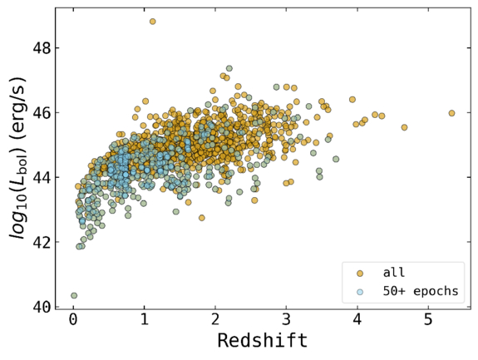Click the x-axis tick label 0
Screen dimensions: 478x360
[73, 320]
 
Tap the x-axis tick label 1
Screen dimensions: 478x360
[144, 320]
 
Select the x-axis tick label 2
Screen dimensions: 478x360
[215, 320]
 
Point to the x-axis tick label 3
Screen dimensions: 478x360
[286, 320]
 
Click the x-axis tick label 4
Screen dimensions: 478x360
[357, 320]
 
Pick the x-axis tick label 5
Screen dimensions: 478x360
[428, 320]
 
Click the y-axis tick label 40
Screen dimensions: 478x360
[42, 307]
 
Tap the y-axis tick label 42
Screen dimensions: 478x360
[42, 242]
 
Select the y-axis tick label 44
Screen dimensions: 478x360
[42, 177]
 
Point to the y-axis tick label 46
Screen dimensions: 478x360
[42, 113]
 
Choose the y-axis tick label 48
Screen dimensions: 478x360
[42, 48]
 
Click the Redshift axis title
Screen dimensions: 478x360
[263, 341]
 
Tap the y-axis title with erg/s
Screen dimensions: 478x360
[17, 158]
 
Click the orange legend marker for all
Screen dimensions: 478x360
[360, 274]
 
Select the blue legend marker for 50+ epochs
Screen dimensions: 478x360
[360, 292]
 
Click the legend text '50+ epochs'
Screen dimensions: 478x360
[421, 292]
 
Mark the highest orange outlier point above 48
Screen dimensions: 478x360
[152, 22]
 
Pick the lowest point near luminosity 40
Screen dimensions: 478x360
[74, 295]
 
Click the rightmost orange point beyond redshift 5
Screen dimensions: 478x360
[451, 113]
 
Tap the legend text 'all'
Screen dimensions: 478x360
[394, 272]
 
